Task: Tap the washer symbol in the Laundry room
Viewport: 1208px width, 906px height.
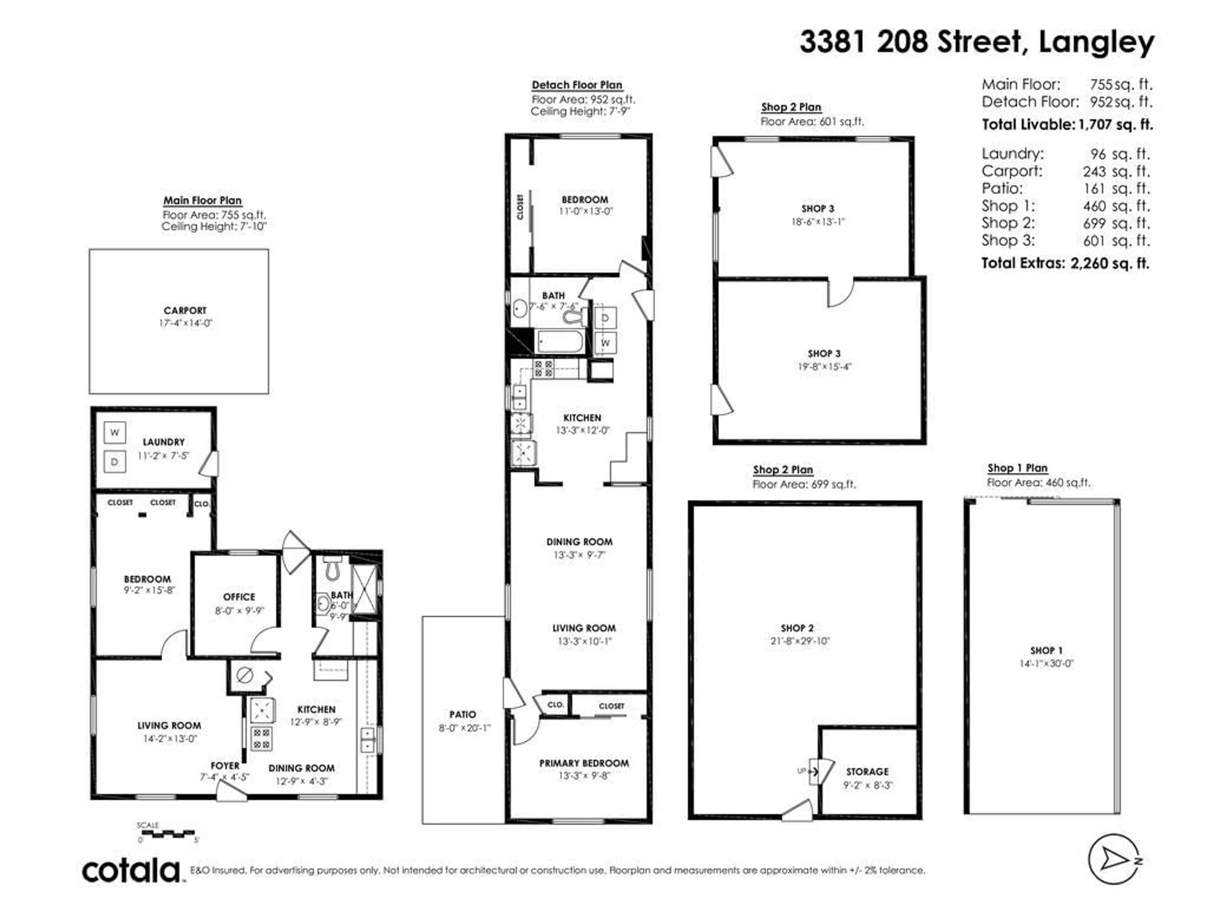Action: click(115, 433)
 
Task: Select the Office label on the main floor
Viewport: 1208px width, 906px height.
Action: click(239, 597)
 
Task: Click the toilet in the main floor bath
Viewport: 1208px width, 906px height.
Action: click(332, 570)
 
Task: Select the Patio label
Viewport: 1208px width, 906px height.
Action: click(462, 714)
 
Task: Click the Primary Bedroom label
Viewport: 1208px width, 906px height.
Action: click(584, 763)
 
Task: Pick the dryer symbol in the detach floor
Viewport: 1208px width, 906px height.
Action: click(605, 318)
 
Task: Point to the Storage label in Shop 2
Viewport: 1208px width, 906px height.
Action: click(867, 772)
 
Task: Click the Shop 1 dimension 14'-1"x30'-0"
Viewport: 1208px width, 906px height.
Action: click(1046, 663)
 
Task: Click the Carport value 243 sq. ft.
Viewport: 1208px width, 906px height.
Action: click(1116, 171)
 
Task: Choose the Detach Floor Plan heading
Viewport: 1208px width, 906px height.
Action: click(577, 85)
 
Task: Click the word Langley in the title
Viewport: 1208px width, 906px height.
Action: click(1096, 42)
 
